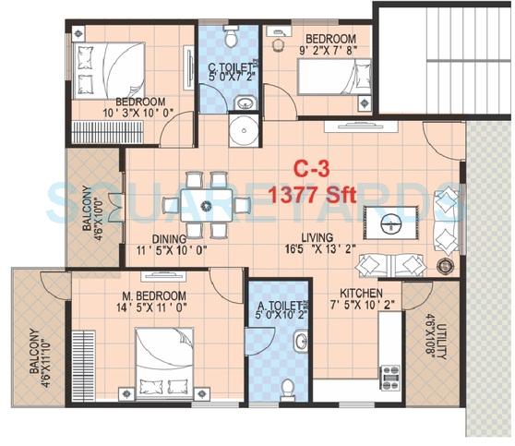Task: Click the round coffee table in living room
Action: (390, 223)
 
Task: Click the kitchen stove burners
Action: (389, 377)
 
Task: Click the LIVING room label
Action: (291, 237)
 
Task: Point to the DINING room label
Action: (179, 237)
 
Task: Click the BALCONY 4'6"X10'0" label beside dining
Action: (93, 220)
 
